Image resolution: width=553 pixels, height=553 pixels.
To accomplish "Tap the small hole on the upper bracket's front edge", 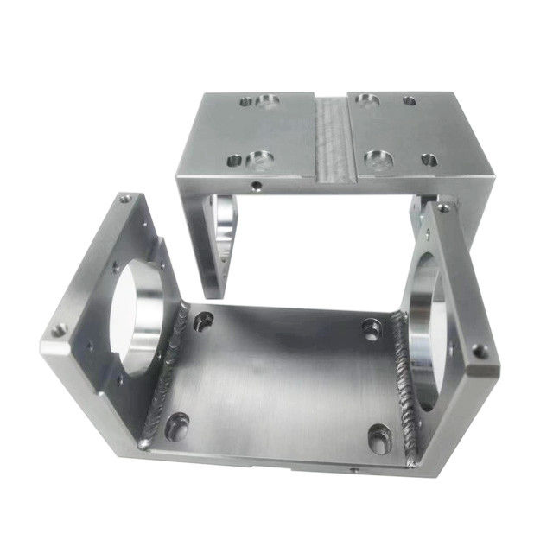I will [256, 185].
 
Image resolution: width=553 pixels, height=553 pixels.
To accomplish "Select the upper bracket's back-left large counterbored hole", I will [269, 102].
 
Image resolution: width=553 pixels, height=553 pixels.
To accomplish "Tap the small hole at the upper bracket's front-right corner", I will [429, 160].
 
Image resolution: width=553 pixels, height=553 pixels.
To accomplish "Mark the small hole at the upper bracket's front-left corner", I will [233, 159].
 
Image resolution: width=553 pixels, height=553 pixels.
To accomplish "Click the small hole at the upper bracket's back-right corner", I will [410, 101].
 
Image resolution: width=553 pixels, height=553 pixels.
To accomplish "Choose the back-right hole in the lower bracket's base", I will [372, 329].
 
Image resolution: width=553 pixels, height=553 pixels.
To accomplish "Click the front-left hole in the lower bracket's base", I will [178, 424].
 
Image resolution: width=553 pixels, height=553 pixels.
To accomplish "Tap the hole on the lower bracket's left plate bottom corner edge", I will [59, 330].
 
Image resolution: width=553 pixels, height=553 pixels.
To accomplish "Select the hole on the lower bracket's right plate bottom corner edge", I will [478, 351].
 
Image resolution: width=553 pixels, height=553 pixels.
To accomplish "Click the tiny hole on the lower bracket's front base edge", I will [353, 472].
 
